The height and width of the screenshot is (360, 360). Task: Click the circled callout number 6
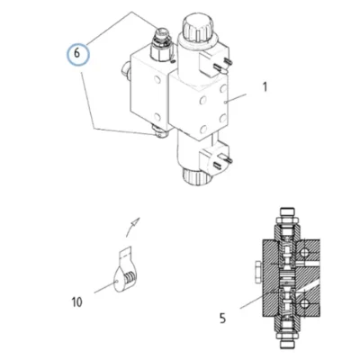77,54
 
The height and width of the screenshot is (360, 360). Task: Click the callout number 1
265,87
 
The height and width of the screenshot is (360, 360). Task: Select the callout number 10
76,301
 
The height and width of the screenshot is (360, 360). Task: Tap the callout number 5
222,318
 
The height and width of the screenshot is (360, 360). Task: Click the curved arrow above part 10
130,227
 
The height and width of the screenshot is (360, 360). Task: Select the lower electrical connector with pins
215,157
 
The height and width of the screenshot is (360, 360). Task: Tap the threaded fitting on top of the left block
162,43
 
